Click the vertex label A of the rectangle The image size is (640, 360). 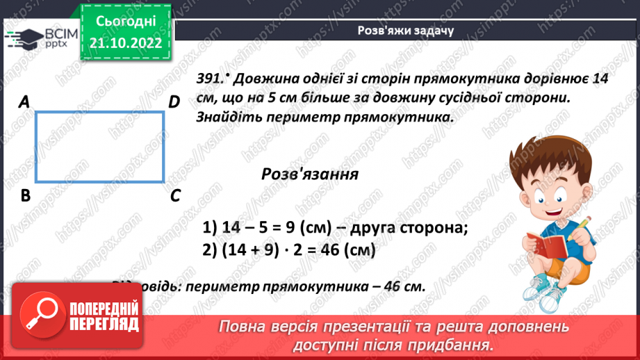click(24, 102)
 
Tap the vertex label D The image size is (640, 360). click(174, 102)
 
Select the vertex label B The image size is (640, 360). click(26, 196)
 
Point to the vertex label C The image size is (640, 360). click(175, 196)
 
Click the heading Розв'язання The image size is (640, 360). click(310, 174)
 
